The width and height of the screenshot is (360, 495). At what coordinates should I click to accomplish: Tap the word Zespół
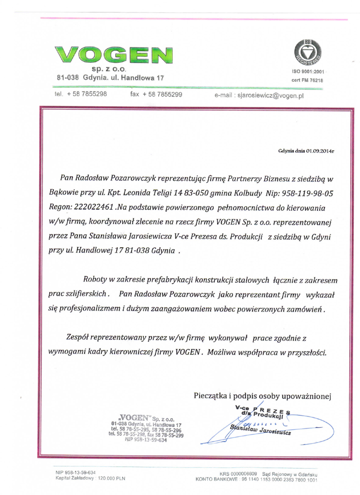[x=76, y=338]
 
